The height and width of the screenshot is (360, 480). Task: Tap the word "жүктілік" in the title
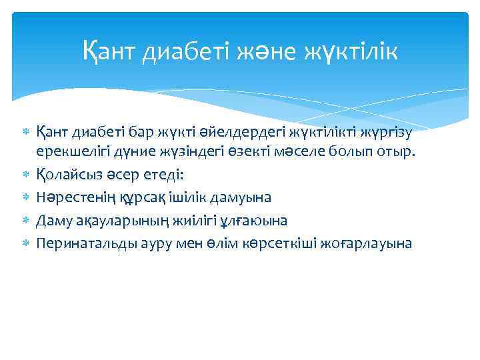coord(351,51)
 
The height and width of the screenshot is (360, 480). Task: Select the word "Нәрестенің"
coord(71,197)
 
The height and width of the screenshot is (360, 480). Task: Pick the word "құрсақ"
coord(131,197)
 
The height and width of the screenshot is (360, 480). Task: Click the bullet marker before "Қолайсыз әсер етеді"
coord(25,175)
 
